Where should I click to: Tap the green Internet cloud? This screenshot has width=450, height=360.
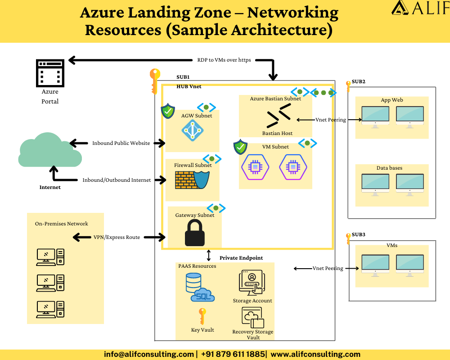point(49,150)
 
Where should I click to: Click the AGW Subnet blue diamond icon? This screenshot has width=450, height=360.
point(193,131)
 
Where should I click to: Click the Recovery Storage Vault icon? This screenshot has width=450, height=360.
point(252,318)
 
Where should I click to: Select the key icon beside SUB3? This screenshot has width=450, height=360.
point(348,238)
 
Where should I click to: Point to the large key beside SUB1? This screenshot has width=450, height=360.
point(155,81)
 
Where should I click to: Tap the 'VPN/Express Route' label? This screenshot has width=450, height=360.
point(117,237)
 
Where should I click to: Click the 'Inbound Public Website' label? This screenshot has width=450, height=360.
point(121,143)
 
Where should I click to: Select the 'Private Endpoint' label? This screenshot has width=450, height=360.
point(241,258)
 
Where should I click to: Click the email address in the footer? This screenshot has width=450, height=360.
point(149,354)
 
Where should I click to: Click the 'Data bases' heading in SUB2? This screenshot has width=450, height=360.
point(389,168)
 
